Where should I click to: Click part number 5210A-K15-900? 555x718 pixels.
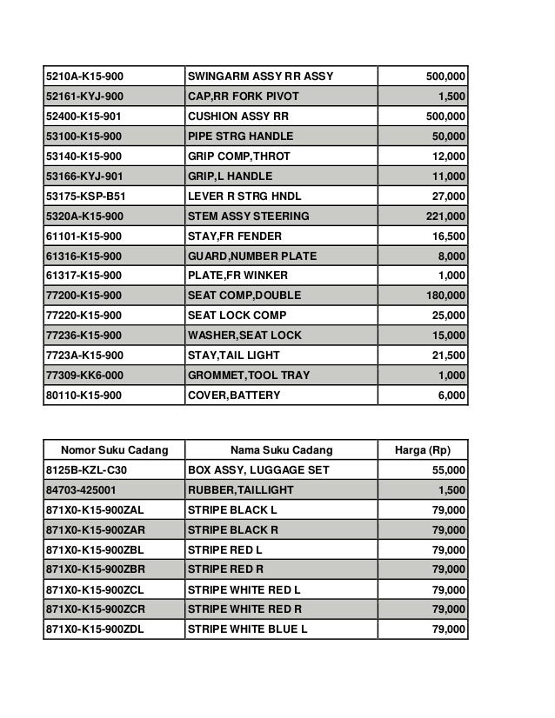pos(84,76)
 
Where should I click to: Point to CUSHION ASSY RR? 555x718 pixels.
pos(232,116)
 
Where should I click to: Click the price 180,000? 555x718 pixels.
pos(442,296)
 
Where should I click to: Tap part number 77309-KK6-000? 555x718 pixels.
pos(84,376)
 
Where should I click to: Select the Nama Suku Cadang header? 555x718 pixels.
pos(280,450)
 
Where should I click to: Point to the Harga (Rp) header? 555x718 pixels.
pos(422,450)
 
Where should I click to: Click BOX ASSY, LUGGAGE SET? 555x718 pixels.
pos(258,470)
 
